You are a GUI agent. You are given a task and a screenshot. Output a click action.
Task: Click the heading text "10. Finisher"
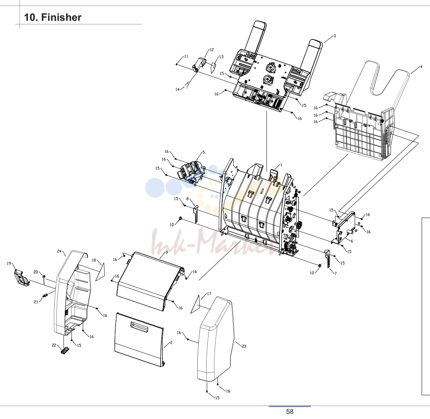click(53, 17)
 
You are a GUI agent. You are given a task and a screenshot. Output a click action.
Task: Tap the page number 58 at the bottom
click(290, 411)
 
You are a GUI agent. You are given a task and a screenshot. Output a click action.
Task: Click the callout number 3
click(334, 36)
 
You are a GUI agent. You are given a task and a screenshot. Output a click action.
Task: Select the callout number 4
click(421, 67)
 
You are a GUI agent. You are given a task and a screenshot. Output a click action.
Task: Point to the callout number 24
click(59, 251)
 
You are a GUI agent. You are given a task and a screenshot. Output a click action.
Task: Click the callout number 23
click(244, 346)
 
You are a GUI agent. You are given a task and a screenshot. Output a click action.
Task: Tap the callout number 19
click(9, 263)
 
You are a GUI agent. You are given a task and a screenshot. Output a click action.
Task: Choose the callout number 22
click(54, 345)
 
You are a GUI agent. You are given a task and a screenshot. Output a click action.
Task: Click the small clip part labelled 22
click(65, 351)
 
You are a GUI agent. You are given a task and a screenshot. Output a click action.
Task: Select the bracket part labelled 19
click(22, 277)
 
